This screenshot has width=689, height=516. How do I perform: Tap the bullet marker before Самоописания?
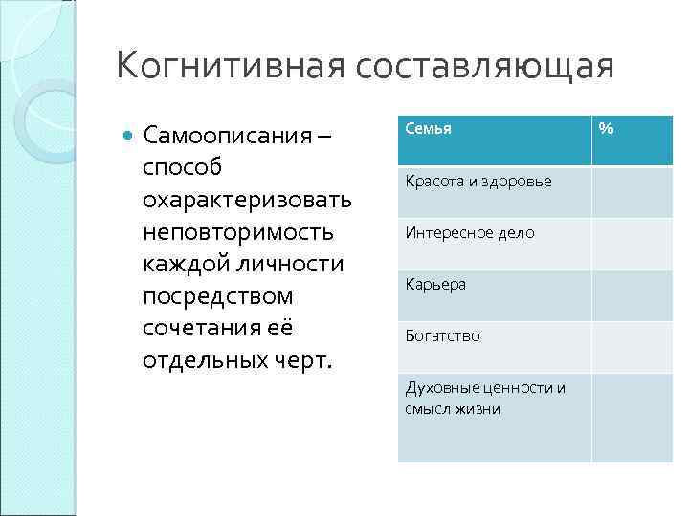[x=130, y=135]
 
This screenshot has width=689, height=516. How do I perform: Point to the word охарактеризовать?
[x=247, y=200]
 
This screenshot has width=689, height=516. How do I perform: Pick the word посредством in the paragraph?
[x=217, y=296]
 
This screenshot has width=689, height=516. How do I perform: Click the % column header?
[x=606, y=128]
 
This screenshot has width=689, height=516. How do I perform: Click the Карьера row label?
[x=435, y=284]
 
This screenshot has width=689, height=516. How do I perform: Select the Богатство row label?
[x=443, y=335]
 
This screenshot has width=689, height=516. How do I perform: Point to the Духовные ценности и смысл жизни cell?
[x=485, y=398]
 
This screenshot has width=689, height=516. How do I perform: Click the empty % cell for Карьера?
[x=632, y=295]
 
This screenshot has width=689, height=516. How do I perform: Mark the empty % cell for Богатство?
[x=632, y=347]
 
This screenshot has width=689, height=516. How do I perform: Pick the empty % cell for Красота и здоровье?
[x=632, y=192]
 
